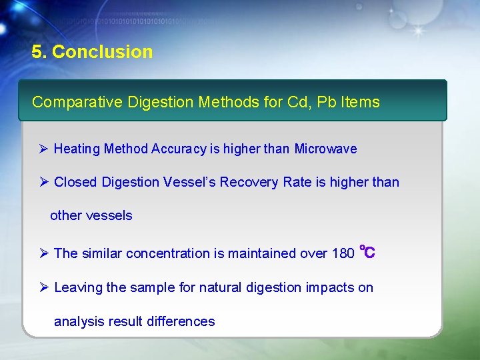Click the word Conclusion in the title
[102, 52]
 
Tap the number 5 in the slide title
[37, 52]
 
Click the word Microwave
[325, 149]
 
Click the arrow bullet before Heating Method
[44, 149]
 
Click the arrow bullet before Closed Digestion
[44, 182]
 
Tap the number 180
[343, 253]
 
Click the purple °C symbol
[367, 252]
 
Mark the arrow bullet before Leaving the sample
[44, 287]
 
